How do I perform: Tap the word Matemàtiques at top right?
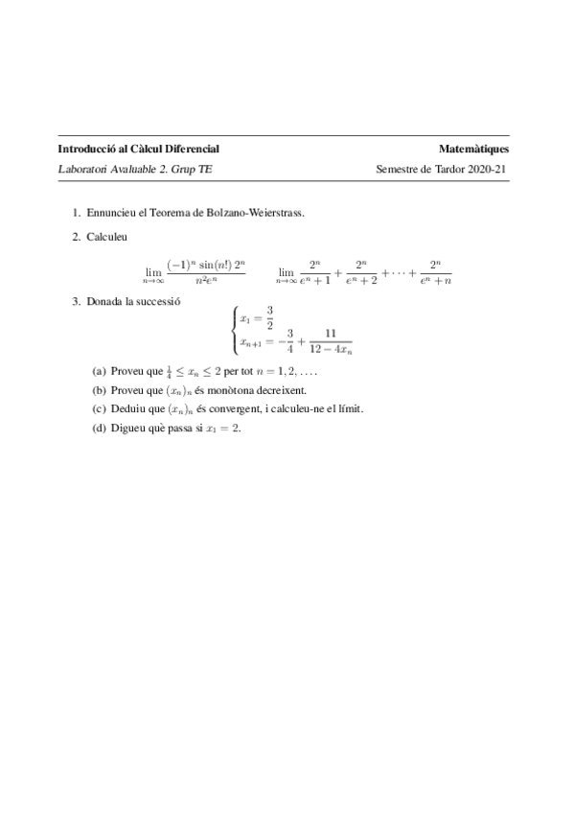[473, 150]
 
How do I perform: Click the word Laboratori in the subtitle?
[83, 170]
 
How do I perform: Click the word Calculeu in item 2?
[105, 236]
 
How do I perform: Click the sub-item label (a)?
[99, 370]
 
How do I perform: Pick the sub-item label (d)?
[99, 428]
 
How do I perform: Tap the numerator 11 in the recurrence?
[331, 334]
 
